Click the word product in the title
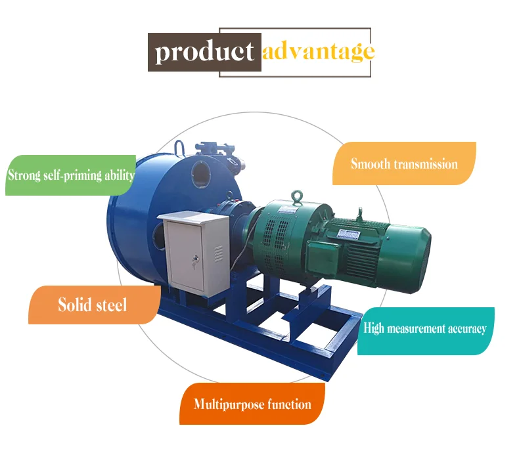click(x=204, y=52)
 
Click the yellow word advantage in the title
click(x=319, y=52)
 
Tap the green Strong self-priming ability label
click(x=70, y=175)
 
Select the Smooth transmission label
click(x=404, y=163)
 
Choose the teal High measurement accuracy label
click(x=426, y=331)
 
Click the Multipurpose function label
click(x=252, y=404)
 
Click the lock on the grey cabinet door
click(x=195, y=260)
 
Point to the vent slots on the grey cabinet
click(x=219, y=254)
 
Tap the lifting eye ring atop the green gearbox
click(x=296, y=196)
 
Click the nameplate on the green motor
click(x=348, y=234)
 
